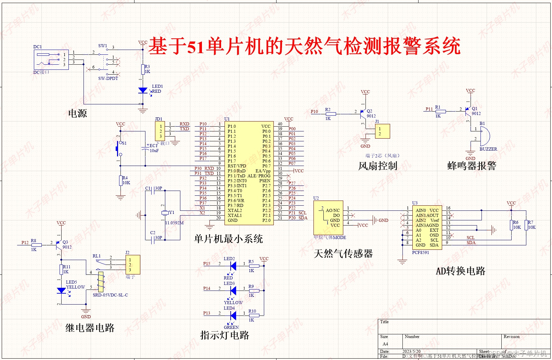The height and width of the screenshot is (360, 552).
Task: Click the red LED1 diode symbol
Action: pos(143,90)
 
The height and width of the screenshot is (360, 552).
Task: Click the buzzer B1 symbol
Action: pos(484,136)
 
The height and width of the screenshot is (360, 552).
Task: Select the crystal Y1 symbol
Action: pos(165,213)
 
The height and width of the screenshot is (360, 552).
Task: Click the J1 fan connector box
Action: pos(382,131)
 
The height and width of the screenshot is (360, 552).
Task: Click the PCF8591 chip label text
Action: pos(420,253)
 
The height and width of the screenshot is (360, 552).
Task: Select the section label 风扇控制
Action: pos(377,166)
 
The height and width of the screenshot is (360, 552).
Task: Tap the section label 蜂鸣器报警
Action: pos(471,166)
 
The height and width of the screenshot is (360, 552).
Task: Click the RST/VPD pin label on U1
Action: pos(237,166)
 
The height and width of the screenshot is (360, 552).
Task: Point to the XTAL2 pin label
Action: pos(235,210)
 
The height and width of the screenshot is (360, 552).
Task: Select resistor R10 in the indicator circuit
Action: pos(254,315)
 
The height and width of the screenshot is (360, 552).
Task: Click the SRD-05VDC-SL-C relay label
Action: pos(110,295)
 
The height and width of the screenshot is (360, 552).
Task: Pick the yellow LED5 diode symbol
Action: pos(61,291)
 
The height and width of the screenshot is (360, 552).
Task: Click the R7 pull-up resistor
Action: pos(526,225)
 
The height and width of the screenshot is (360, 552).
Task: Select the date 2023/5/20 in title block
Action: pos(411,351)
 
